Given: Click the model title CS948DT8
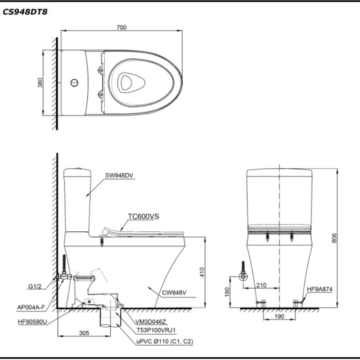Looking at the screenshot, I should (25, 12).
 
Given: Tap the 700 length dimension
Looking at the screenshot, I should (121, 27).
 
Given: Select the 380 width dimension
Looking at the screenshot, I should (40, 83).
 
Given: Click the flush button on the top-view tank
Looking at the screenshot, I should (74, 83).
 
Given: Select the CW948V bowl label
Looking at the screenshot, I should (174, 293).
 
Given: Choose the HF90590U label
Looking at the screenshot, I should (34, 322).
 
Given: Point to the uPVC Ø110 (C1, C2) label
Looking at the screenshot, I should (165, 342).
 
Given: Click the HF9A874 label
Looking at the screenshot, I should (319, 290).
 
